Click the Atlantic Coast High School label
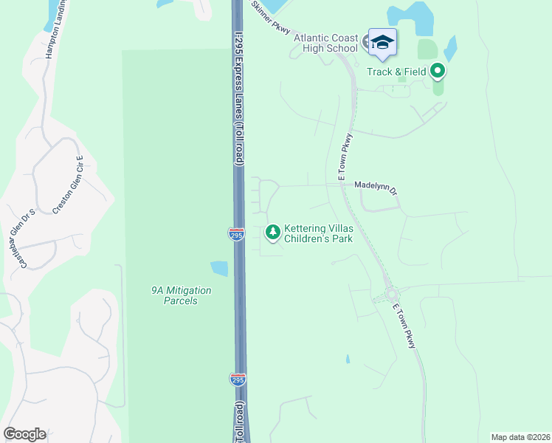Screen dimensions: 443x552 [325, 44]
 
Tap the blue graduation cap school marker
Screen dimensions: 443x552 [382, 41]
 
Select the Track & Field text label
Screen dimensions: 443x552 [397, 72]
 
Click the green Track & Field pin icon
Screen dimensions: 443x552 [438, 72]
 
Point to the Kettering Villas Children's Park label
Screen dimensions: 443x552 [319, 233]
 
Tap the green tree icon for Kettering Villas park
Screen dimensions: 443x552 [273, 233]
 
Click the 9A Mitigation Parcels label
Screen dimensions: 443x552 [181, 295]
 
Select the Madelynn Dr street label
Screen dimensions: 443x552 [376, 188]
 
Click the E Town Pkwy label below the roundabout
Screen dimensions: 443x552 [405, 326]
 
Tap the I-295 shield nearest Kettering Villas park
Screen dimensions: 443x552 [236, 234]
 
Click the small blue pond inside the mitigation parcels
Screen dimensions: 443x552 [219, 268]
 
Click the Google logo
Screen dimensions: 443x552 [24, 434]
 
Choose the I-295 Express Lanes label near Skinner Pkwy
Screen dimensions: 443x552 [239, 89]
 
